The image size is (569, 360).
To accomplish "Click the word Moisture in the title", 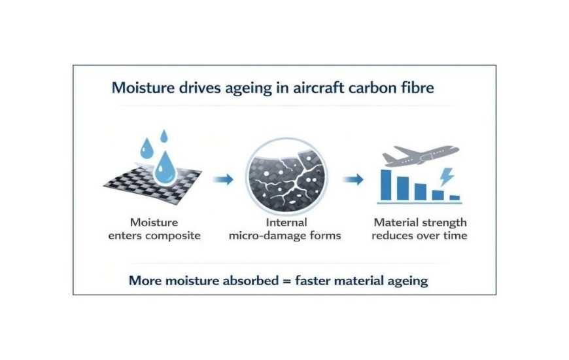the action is [143, 88].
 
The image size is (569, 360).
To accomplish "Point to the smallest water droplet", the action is [164, 136].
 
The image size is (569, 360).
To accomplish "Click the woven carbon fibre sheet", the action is [152, 183].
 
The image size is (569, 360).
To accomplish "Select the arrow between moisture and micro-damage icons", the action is [223, 179].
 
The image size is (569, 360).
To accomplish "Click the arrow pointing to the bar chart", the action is [353, 179].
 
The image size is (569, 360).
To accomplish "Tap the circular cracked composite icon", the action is [286, 177].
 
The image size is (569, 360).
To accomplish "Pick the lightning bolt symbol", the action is [446, 177].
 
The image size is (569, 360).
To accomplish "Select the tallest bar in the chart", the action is [386, 185].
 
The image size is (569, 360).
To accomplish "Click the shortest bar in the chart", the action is [455, 198].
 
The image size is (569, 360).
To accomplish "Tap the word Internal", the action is [286, 223].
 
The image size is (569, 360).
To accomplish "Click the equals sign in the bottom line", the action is [286, 281].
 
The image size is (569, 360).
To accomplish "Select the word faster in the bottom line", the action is [313, 280].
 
